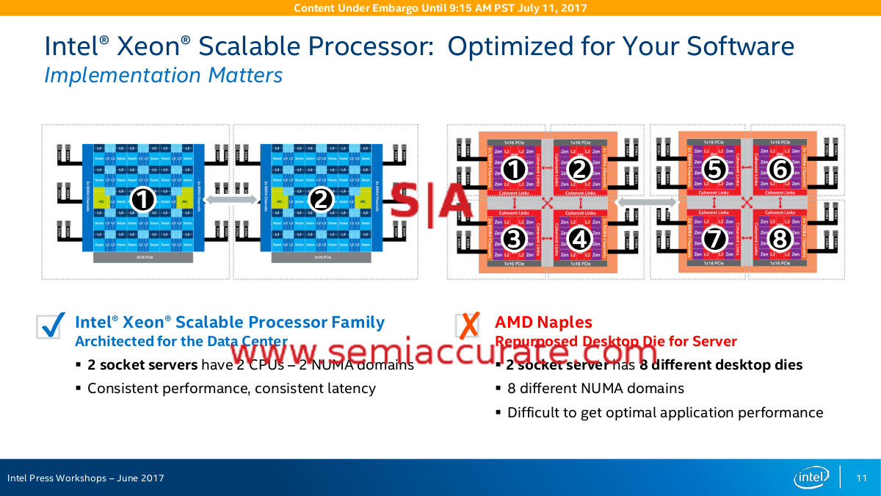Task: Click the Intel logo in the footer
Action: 812,478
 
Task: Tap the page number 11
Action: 862,478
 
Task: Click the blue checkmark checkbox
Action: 49,326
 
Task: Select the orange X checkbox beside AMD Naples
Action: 468,325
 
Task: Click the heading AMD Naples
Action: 543,322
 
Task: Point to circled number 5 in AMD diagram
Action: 714,169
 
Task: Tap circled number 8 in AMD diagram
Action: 779,238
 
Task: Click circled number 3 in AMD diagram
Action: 515,238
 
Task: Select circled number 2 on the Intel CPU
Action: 321,198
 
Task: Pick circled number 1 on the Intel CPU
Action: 144,198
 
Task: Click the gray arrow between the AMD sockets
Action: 646,201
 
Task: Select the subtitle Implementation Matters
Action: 163,75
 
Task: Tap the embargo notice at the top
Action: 440,8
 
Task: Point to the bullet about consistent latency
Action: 231,388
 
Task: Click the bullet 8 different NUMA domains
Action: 595,388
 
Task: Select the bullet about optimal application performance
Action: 665,412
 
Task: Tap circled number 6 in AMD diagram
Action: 779,169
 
